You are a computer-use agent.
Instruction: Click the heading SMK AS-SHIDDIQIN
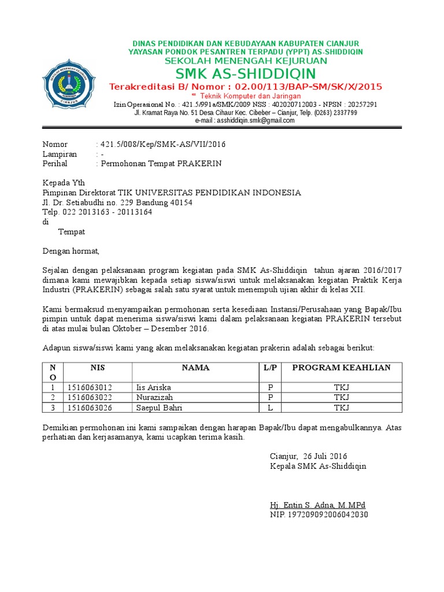[x=246, y=73]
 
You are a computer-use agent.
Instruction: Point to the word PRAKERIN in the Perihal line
[x=199, y=164]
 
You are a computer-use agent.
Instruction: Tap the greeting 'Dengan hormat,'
[x=71, y=251]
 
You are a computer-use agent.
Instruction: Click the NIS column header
[x=98, y=368]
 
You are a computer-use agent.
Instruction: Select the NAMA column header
[x=195, y=368]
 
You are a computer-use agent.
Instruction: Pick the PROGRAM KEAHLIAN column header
[x=341, y=368]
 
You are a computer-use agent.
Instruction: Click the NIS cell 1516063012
[x=90, y=387]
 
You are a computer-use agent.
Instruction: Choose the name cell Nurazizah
[x=154, y=398]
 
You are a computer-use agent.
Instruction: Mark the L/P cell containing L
[x=269, y=408]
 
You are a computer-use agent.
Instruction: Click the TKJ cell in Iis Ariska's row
[x=341, y=387]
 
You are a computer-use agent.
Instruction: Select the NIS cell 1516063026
[x=90, y=408]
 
